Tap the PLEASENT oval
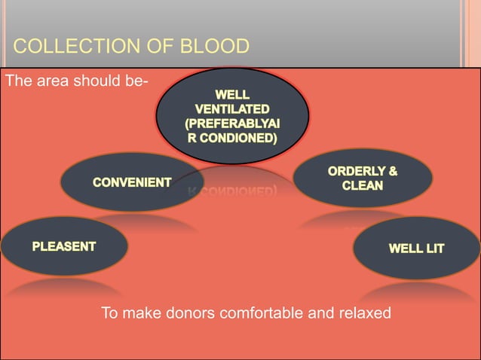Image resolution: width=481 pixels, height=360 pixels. point(63,246)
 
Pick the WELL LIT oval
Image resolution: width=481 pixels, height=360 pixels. point(415,248)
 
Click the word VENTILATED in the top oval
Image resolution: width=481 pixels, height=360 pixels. point(231,109)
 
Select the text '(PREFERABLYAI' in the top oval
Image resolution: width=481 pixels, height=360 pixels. point(231,124)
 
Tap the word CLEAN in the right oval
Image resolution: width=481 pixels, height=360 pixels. point(363,185)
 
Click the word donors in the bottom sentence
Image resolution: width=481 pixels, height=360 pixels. point(189,313)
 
